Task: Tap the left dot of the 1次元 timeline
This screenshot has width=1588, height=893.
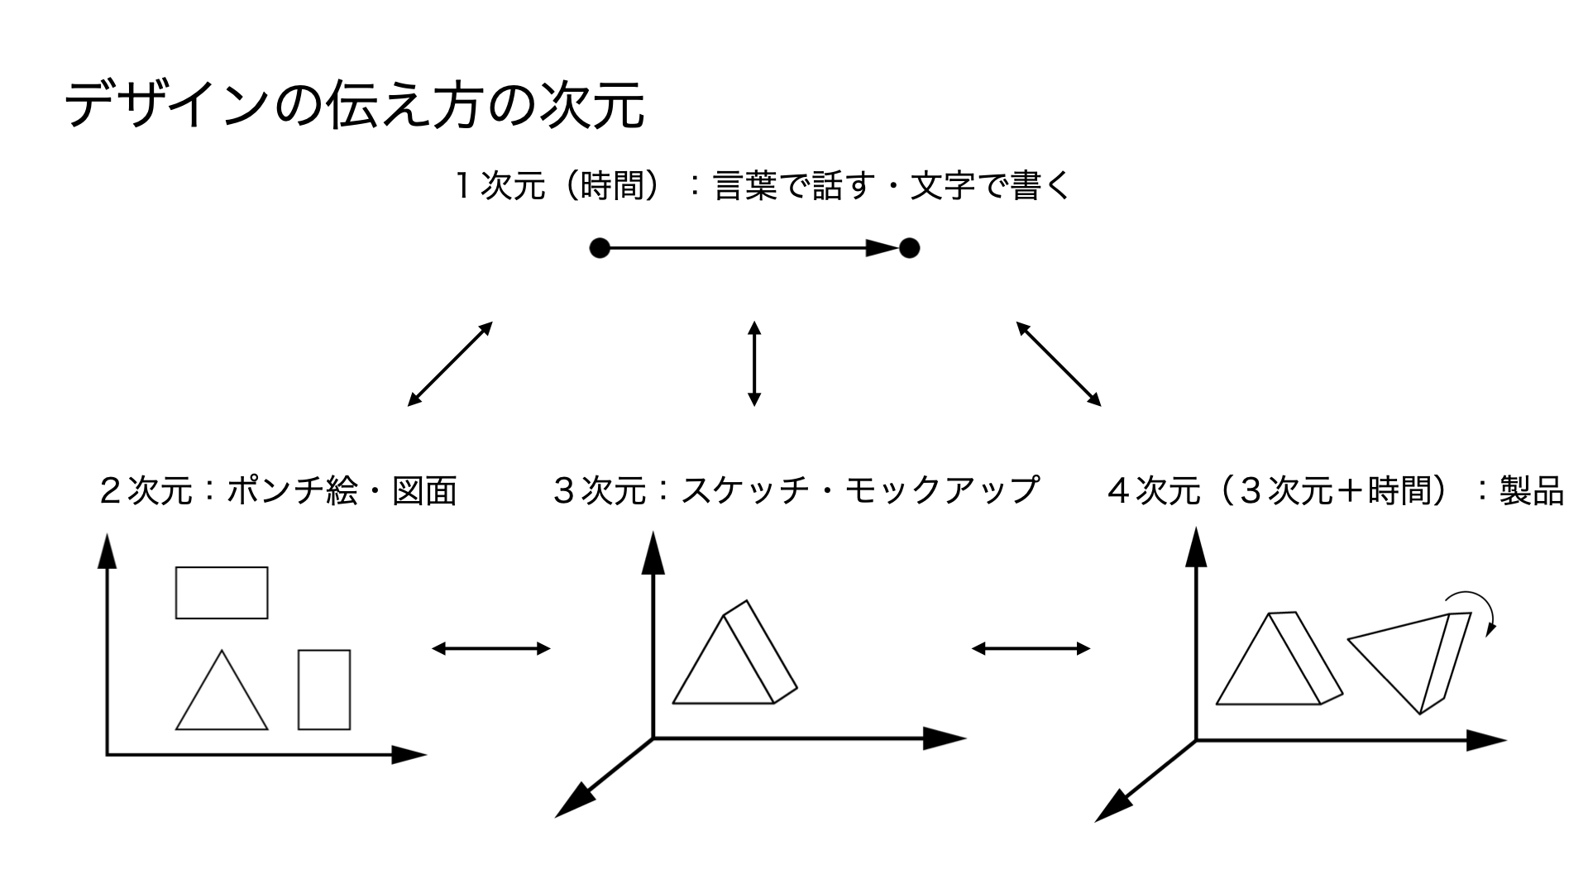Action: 600,248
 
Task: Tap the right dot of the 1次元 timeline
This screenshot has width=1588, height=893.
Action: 909,248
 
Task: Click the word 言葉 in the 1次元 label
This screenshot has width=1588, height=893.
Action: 745,186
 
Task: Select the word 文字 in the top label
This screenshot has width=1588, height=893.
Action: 942,186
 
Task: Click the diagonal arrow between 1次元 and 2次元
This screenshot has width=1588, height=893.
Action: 450,364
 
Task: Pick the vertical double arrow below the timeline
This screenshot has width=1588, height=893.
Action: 753,364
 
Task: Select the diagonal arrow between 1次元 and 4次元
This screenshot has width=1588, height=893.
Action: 1059,364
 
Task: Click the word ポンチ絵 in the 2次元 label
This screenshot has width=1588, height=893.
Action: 292,491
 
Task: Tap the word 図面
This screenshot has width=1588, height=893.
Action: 424,491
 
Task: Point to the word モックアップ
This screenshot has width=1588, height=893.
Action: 943,491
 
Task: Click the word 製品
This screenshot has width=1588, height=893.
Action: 1532,491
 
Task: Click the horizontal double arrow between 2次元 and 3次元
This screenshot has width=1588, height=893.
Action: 491,648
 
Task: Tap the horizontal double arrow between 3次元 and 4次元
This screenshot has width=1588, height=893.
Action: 1031,648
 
